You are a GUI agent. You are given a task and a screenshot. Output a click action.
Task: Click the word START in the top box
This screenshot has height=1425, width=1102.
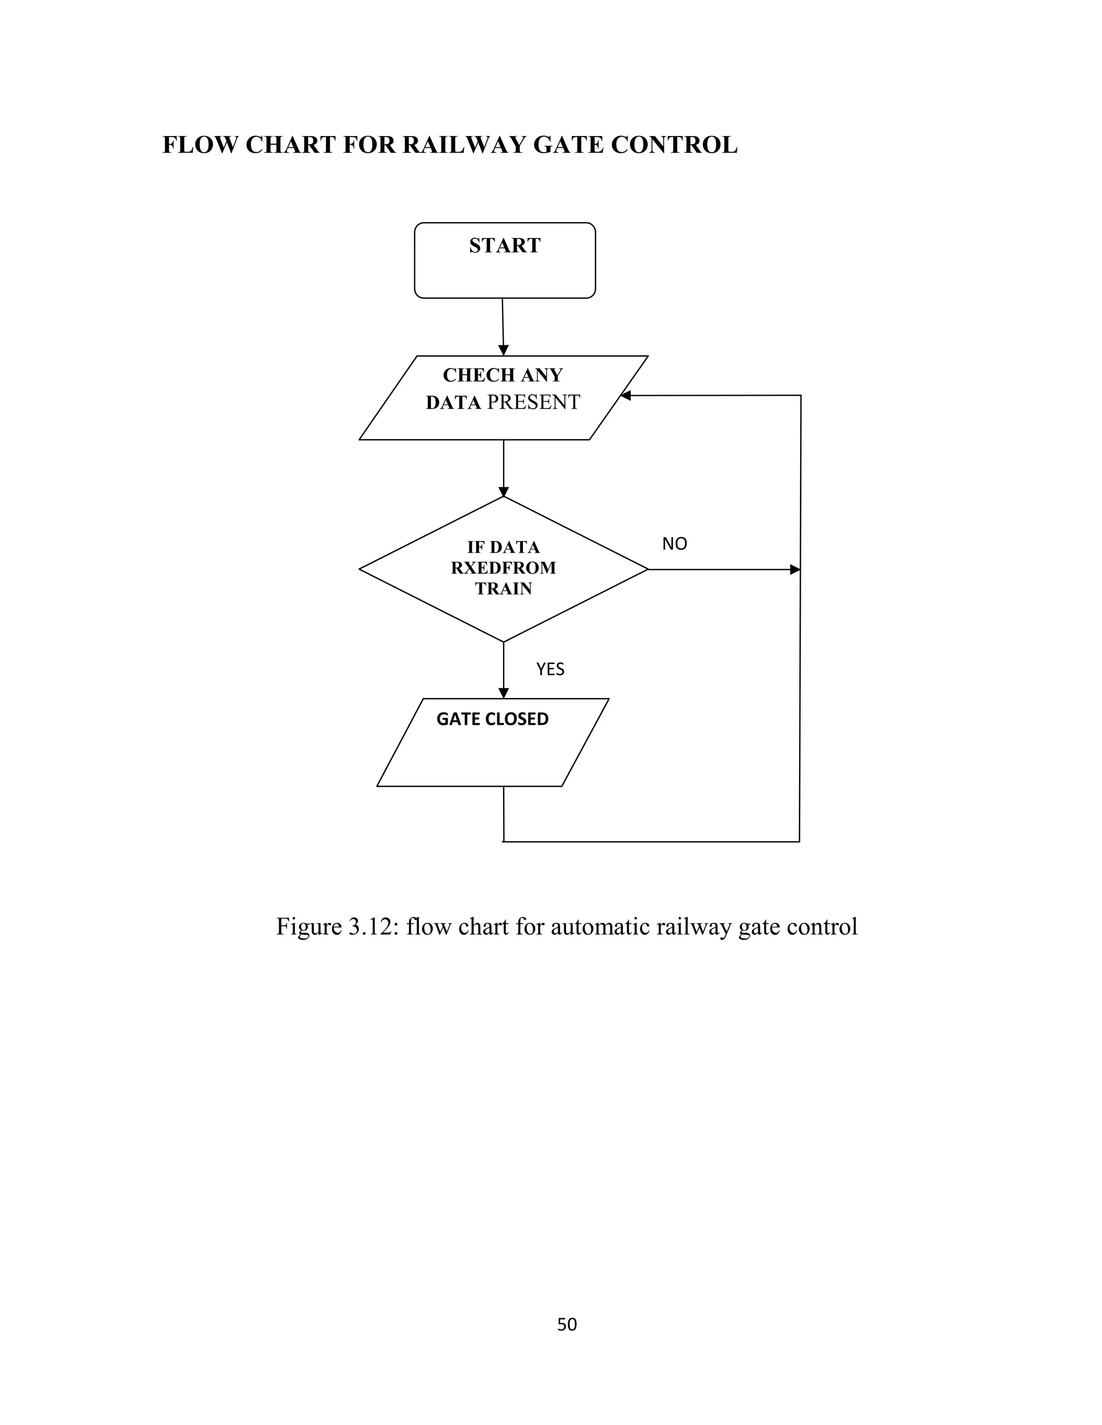[504, 245]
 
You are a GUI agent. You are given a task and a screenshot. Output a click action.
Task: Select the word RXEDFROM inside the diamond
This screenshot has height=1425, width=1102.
[503, 568]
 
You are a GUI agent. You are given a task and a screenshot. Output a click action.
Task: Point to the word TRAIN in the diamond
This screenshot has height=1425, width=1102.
[503, 588]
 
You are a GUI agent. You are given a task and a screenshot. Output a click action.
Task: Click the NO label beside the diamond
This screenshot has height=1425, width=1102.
[674, 544]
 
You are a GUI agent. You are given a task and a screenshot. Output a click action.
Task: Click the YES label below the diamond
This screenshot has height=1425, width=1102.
[550, 669]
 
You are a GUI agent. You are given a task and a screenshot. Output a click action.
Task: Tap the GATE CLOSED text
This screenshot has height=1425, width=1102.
[492, 719]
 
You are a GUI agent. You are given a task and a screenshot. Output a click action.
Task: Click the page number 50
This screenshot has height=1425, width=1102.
[567, 1324]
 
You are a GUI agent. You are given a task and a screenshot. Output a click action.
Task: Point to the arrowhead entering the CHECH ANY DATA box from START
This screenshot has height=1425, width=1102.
[503, 351]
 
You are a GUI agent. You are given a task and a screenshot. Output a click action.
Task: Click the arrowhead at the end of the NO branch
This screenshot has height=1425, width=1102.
[795, 569]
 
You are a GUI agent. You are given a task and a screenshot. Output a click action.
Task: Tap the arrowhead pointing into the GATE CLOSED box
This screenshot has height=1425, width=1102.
[503, 694]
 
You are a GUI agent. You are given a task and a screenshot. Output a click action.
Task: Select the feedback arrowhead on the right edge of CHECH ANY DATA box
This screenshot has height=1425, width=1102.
[625, 395]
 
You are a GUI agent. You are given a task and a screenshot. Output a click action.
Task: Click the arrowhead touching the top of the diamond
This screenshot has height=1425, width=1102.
[503, 492]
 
